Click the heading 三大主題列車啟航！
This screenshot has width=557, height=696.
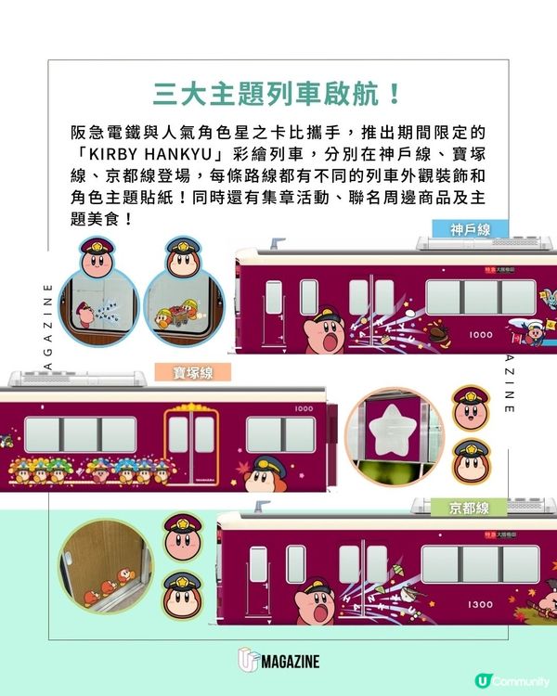[x=278, y=94]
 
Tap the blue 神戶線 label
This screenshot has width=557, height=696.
[x=470, y=229]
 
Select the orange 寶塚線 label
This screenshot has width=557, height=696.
[x=193, y=372]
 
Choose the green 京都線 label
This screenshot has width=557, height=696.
[x=469, y=508]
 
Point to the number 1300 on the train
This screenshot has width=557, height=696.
[x=481, y=604]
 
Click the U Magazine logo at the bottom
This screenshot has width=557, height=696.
[x=278, y=661]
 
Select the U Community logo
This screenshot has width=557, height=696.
[x=509, y=679]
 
